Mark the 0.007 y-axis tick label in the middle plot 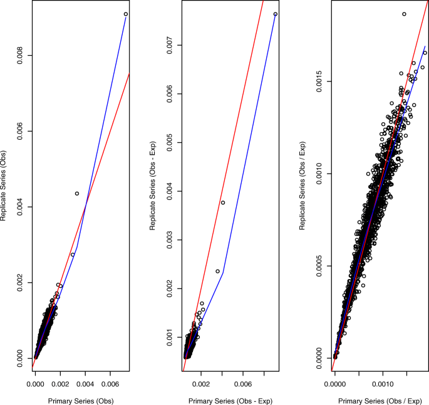pos(168,45)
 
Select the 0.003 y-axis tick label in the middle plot pos(168,239)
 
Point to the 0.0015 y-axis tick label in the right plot pos(319,81)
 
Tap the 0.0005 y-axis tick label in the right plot pos(319,266)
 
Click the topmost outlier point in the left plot pos(126,14)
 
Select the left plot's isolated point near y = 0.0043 pos(77,194)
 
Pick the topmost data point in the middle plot pos(276,14)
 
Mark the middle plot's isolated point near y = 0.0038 pos(222,202)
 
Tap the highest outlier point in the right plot pos(404,14)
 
